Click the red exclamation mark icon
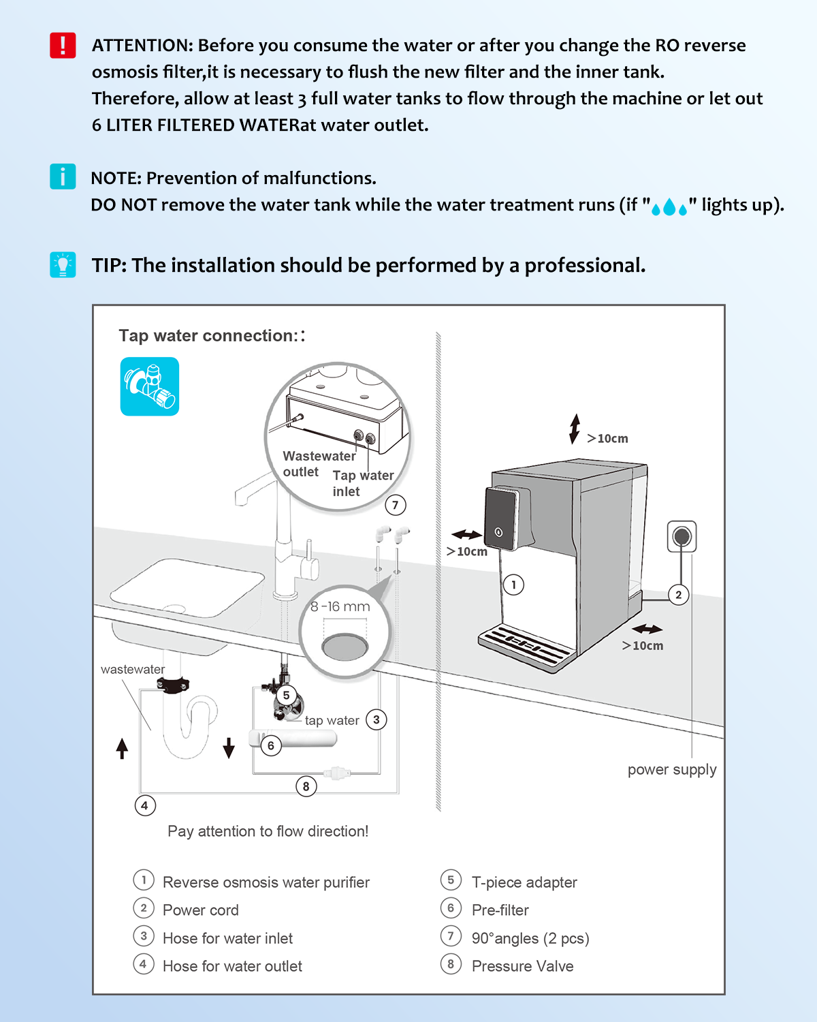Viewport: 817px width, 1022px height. [x=63, y=46]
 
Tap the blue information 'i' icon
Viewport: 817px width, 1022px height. [x=63, y=176]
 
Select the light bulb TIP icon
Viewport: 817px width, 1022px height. [x=63, y=264]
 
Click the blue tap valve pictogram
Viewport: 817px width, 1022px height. [x=150, y=386]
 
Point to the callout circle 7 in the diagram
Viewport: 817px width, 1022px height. [x=396, y=505]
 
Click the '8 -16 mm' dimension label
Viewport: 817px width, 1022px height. [x=340, y=606]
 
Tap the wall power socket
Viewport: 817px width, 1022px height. [x=682, y=537]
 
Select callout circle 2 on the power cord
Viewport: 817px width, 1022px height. [x=678, y=595]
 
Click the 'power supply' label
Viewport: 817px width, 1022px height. [x=672, y=769]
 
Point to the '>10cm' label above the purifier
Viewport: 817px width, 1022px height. [x=607, y=439]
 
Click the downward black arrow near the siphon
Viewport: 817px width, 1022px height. [x=229, y=747]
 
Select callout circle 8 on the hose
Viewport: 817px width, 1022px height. [x=306, y=786]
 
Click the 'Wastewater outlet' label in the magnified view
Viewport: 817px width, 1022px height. [x=319, y=463]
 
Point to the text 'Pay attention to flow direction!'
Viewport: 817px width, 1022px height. [x=268, y=831]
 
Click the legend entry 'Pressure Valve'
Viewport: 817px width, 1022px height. [x=522, y=966]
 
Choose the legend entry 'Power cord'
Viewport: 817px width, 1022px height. [x=201, y=910]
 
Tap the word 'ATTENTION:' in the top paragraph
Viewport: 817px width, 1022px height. [x=142, y=46]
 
